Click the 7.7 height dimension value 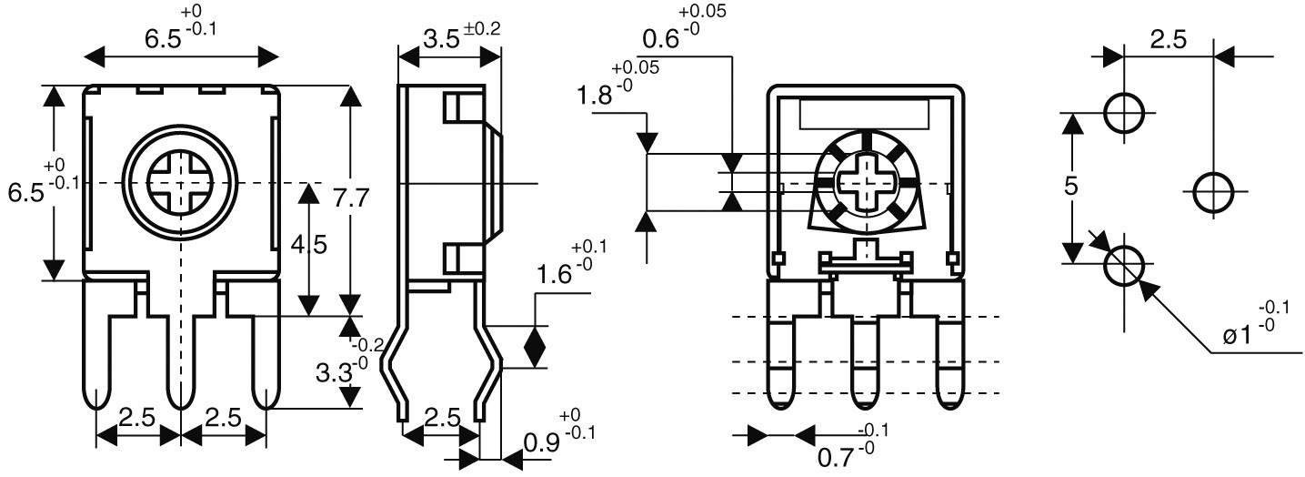tap(351, 198)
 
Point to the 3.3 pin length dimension tap(334, 372)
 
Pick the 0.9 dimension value tap(542, 443)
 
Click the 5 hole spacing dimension tap(1071, 186)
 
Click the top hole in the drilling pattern tap(1125, 113)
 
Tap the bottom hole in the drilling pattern tap(1125, 266)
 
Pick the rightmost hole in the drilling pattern tap(1212, 191)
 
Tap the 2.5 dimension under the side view tap(443, 419)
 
